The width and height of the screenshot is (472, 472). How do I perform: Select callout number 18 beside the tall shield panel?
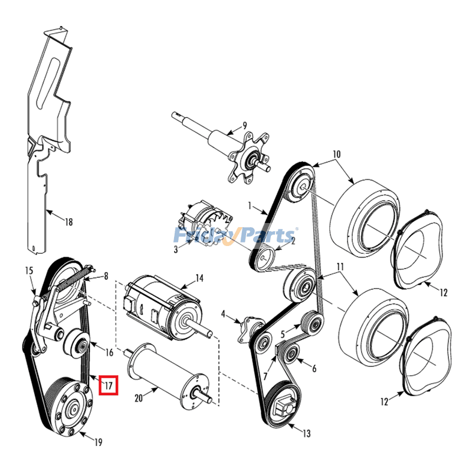click(69, 222)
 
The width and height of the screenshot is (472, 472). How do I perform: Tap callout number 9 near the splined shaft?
click(244, 125)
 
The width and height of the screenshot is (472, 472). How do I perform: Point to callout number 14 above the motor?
click(199, 277)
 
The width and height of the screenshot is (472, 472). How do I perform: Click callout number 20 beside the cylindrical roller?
click(139, 399)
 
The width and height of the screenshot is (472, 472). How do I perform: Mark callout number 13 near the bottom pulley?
click(306, 434)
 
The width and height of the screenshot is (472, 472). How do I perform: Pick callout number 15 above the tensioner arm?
click(28, 270)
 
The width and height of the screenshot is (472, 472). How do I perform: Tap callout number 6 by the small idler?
click(314, 369)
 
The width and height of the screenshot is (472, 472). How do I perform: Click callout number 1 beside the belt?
click(250, 207)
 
